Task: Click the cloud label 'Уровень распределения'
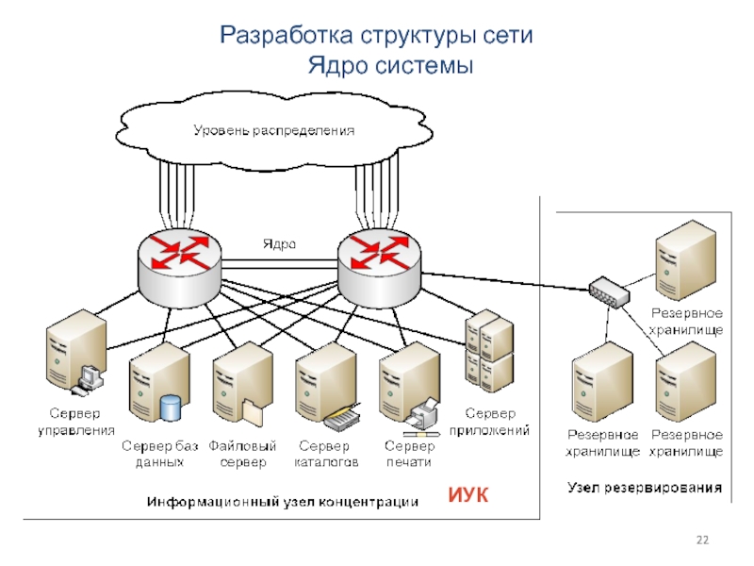pos(273,129)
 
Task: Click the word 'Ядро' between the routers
pos(279,242)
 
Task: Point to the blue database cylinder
pos(171,408)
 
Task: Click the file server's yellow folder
pos(254,411)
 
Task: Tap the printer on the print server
pos(424,411)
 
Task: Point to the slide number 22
pos(701,539)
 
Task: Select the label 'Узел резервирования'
pos(645,488)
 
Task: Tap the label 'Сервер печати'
pos(410,454)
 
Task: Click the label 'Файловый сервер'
pos(243,454)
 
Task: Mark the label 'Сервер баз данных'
pos(159,454)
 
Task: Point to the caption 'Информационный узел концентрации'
pos(281,502)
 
